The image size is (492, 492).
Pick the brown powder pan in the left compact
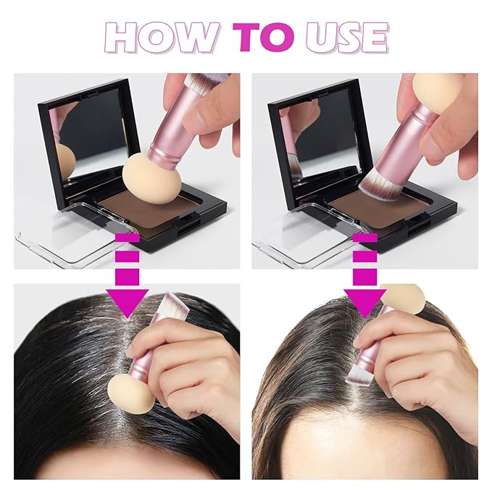156,210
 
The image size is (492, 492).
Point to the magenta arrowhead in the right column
364,303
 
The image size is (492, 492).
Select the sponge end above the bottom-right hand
403,298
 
